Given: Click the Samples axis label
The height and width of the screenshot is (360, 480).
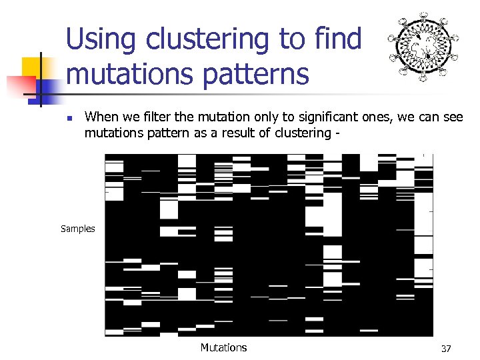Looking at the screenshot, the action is [78, 229].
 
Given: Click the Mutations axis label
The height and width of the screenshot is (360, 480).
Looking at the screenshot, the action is [223, 347].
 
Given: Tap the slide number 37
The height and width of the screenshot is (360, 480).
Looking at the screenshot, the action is [446, 349].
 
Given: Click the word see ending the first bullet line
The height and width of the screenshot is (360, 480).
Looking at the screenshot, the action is [451, 117].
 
